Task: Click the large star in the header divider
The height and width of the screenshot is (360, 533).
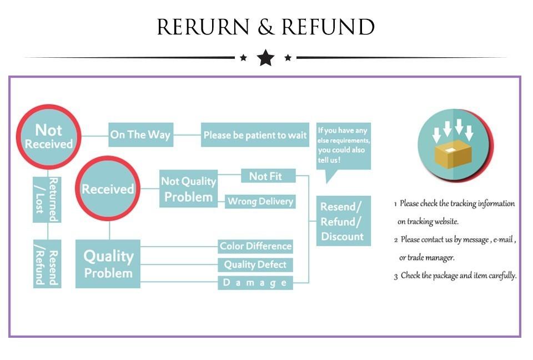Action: pos(266,57)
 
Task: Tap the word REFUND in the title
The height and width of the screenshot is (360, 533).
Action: pos(328,27)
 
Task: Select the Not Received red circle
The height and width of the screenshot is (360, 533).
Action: pos(49,137)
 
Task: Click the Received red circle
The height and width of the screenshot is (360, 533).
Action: pos(108,189)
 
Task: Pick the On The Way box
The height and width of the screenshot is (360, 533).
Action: pos(140,135)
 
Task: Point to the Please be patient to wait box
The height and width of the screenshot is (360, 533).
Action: pos(255,135)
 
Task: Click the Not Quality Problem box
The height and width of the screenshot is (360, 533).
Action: pos(188,189)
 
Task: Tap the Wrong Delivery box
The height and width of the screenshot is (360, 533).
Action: pos(260,201)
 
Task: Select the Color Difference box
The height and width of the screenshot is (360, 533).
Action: pos(255,246)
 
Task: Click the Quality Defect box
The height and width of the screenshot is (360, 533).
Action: pos(255,264)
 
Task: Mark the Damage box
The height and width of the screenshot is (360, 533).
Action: pos(255,283)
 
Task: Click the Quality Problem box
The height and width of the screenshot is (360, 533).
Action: pos(108,264)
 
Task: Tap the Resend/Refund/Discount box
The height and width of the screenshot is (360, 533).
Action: pos(343,221)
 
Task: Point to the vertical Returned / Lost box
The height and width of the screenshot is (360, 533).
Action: pos(47,198)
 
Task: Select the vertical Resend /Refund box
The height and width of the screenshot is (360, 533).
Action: pos(47,264)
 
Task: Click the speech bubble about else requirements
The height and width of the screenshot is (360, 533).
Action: pos(343,146)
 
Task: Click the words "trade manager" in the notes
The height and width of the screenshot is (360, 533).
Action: pos(431,258)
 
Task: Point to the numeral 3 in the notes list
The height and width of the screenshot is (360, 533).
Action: pos(396,276)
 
